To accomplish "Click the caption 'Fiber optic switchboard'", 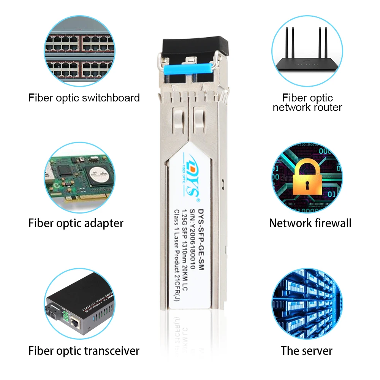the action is pos(84,98).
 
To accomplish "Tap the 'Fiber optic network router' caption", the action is pos(307,103).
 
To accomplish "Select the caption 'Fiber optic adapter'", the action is pos(76,223).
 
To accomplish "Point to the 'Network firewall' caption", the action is pos(310,223).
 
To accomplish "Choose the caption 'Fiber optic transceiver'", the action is pos(84,351).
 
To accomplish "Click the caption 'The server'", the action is pos(307,351).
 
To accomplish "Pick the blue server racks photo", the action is pos(307,304).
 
